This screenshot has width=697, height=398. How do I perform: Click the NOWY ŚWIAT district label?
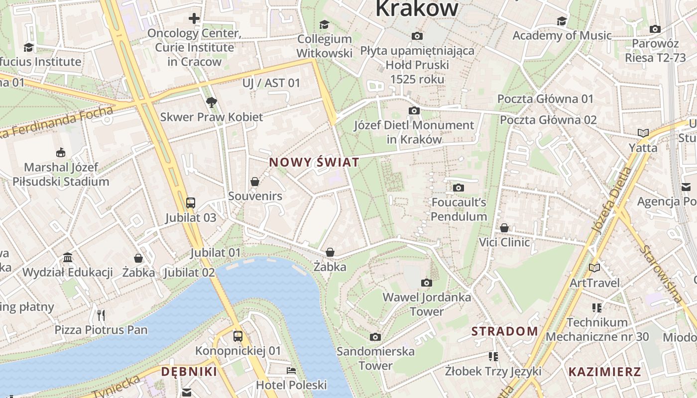(314, 162)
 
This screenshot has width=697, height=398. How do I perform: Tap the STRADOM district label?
(504, 331)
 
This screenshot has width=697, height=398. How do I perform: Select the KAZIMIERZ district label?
(604, 372)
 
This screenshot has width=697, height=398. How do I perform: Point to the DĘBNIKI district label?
(189, 372)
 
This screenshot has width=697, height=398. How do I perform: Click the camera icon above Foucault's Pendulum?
(459, 188)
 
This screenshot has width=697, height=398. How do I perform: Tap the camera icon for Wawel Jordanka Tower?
(426, 283)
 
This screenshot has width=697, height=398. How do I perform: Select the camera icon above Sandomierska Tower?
(375, 337)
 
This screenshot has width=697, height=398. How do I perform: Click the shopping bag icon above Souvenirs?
(255, 182)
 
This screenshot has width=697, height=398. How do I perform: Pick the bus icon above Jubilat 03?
(191, 202)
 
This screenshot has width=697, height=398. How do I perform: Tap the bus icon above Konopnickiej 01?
(238, 336)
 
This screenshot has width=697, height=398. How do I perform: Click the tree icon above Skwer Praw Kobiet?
(212, 102)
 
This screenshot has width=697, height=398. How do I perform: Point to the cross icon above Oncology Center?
(194, 19)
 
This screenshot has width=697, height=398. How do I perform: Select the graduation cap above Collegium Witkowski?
(324, 24)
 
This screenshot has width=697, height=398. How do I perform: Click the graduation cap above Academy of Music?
(562, 21)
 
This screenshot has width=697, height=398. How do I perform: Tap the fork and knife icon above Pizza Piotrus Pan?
(101, 315)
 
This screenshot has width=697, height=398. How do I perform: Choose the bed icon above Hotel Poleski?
(291, 371)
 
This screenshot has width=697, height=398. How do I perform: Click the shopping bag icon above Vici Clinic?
(504, 228)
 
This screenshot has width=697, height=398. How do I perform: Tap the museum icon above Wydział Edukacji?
(68, 258)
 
